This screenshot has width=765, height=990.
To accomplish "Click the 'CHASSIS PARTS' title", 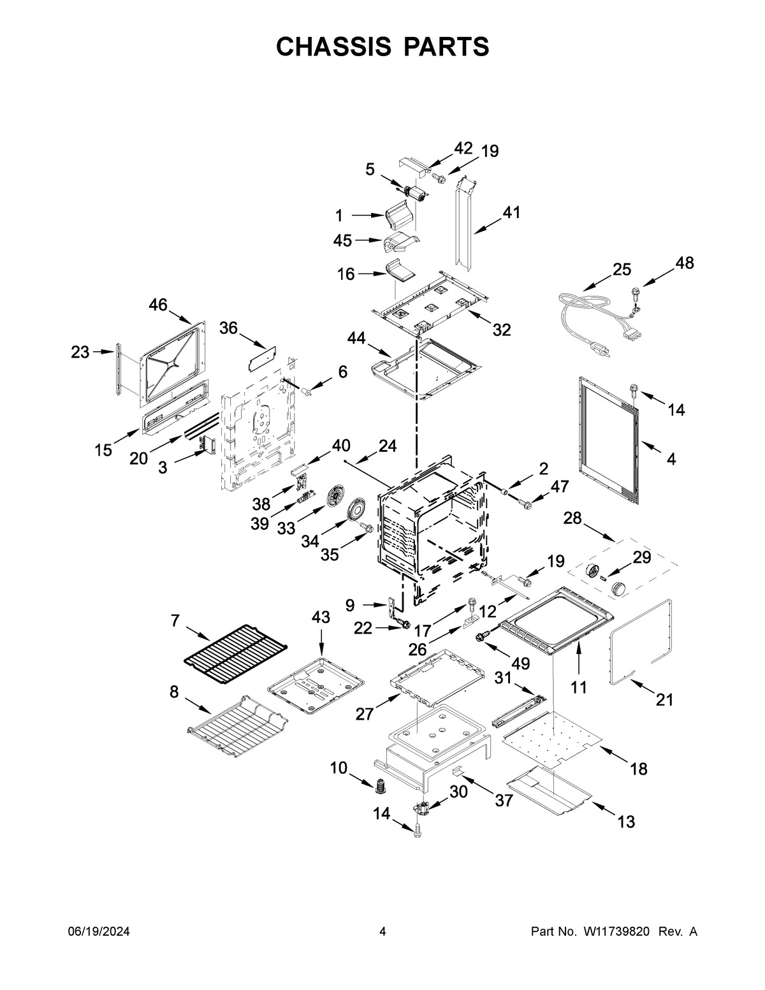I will [x=382, y=47].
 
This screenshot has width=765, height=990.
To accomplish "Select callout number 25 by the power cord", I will [x=622, y=269].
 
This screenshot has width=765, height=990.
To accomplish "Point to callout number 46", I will [x=158, y=305].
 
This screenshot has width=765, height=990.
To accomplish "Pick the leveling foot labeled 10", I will [x=382, y=786].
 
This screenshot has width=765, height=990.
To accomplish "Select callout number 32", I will [x=502, y=330].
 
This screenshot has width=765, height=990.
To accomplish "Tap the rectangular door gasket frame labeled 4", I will [x=609, y=437].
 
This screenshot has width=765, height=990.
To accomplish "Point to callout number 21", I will [x=665, y=700].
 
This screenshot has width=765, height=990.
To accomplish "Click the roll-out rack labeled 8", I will [x=237, y=726].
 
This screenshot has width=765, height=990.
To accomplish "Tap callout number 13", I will [x=626, y=822].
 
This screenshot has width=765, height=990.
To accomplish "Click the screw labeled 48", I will [x=634, y=293].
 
